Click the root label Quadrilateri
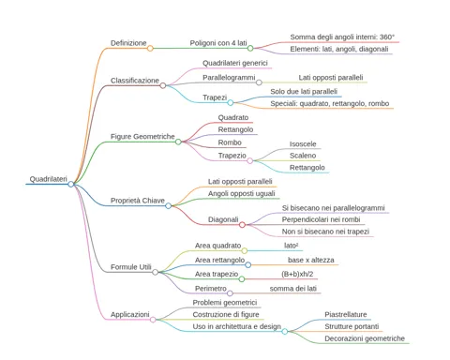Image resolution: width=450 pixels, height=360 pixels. [49, 179]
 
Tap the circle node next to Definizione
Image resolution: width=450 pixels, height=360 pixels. [150, 48]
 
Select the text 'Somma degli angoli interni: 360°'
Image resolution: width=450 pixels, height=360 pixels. [342, 37]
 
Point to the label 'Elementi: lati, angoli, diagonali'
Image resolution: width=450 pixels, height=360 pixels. [339, 49]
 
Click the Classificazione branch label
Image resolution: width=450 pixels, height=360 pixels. [135, 81]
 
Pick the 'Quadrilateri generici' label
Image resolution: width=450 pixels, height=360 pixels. [235, 63]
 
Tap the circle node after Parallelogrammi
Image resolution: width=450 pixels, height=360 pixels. [259, 82]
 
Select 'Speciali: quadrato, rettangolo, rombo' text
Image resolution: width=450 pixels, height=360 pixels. [330, 103]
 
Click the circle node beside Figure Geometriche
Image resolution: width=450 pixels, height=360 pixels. [178, 142]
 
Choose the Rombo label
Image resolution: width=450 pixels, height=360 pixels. [230, 142]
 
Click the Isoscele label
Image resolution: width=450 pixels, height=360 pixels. [303, 144]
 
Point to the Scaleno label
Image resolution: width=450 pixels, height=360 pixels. [303, 156]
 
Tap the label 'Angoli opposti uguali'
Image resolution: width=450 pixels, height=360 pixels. [242, 194]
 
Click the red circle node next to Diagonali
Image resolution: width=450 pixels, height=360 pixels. [242, 225]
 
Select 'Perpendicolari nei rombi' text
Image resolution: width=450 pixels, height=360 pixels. [321, 219]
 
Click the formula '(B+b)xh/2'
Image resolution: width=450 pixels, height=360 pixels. [297, 274]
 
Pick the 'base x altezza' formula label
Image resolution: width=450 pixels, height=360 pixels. [311, 260]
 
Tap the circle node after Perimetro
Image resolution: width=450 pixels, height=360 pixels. [230, 293]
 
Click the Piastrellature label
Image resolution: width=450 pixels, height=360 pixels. [346, 314]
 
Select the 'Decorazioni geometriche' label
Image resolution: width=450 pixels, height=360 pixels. [365, 338]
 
